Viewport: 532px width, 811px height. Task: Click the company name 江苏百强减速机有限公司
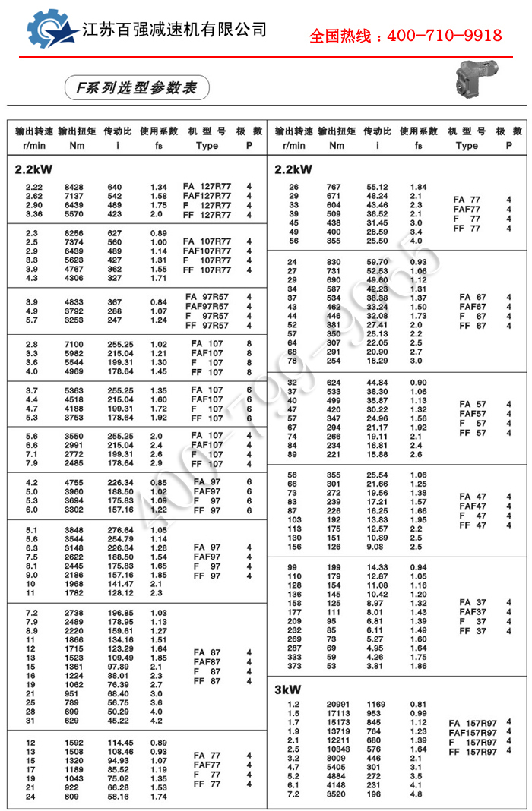point(175,30)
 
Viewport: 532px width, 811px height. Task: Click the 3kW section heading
point(288,690)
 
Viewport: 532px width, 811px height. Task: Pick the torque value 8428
point(73,186)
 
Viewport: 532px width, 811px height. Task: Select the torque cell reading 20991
point(337,704)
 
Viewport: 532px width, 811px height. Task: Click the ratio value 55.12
point(378,187)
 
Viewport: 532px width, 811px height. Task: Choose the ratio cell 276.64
point(120,529)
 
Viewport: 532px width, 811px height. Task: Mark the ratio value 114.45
point(120,742)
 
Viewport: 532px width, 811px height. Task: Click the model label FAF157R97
point(473,732)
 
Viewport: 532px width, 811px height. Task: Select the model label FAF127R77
point(207,195)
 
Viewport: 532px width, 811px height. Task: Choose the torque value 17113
point(337,713)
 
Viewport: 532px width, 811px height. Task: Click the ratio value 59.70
point(378,262)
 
